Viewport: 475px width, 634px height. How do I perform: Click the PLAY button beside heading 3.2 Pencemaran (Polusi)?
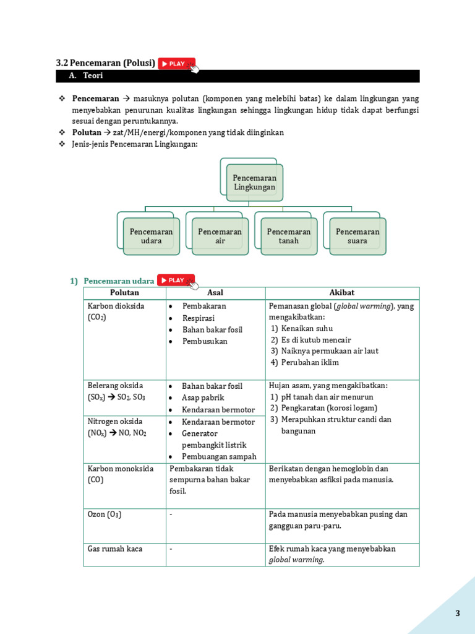176,63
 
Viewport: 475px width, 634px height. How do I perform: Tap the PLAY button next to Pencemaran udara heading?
176,280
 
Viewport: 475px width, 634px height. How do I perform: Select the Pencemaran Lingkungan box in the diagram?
254,182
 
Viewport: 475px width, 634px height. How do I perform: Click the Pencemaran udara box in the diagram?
151,236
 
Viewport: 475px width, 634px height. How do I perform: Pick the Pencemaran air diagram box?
220,236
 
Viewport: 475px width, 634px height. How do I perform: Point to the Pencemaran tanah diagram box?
289,236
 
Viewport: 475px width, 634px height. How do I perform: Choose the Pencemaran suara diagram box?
357,236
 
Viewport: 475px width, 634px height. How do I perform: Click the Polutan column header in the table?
124,293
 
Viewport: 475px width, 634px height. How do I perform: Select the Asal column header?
215,293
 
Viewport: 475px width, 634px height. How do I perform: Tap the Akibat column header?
342,293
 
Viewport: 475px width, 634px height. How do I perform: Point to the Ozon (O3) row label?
105,515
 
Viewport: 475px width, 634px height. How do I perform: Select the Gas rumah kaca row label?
116,549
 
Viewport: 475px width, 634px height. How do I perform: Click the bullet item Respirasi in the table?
199,318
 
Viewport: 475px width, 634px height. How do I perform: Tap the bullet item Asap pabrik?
203,398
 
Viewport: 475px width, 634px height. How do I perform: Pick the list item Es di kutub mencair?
315,340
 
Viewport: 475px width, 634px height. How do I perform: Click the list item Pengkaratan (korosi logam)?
328,408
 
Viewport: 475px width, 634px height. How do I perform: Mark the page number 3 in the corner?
458,614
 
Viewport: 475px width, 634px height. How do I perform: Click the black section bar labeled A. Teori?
237,76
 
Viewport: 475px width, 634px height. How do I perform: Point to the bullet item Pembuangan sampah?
218,457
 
